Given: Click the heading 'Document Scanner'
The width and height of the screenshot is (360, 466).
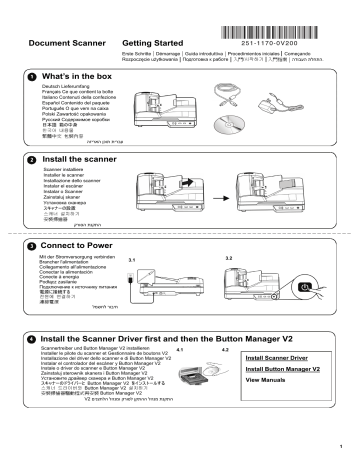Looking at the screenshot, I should [68, 46].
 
